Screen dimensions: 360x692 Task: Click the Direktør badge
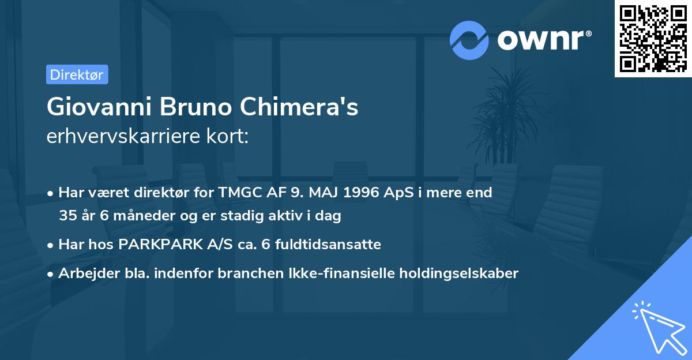77,74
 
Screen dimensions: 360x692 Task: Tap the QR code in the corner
653,38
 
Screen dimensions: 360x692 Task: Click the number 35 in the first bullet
67,216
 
